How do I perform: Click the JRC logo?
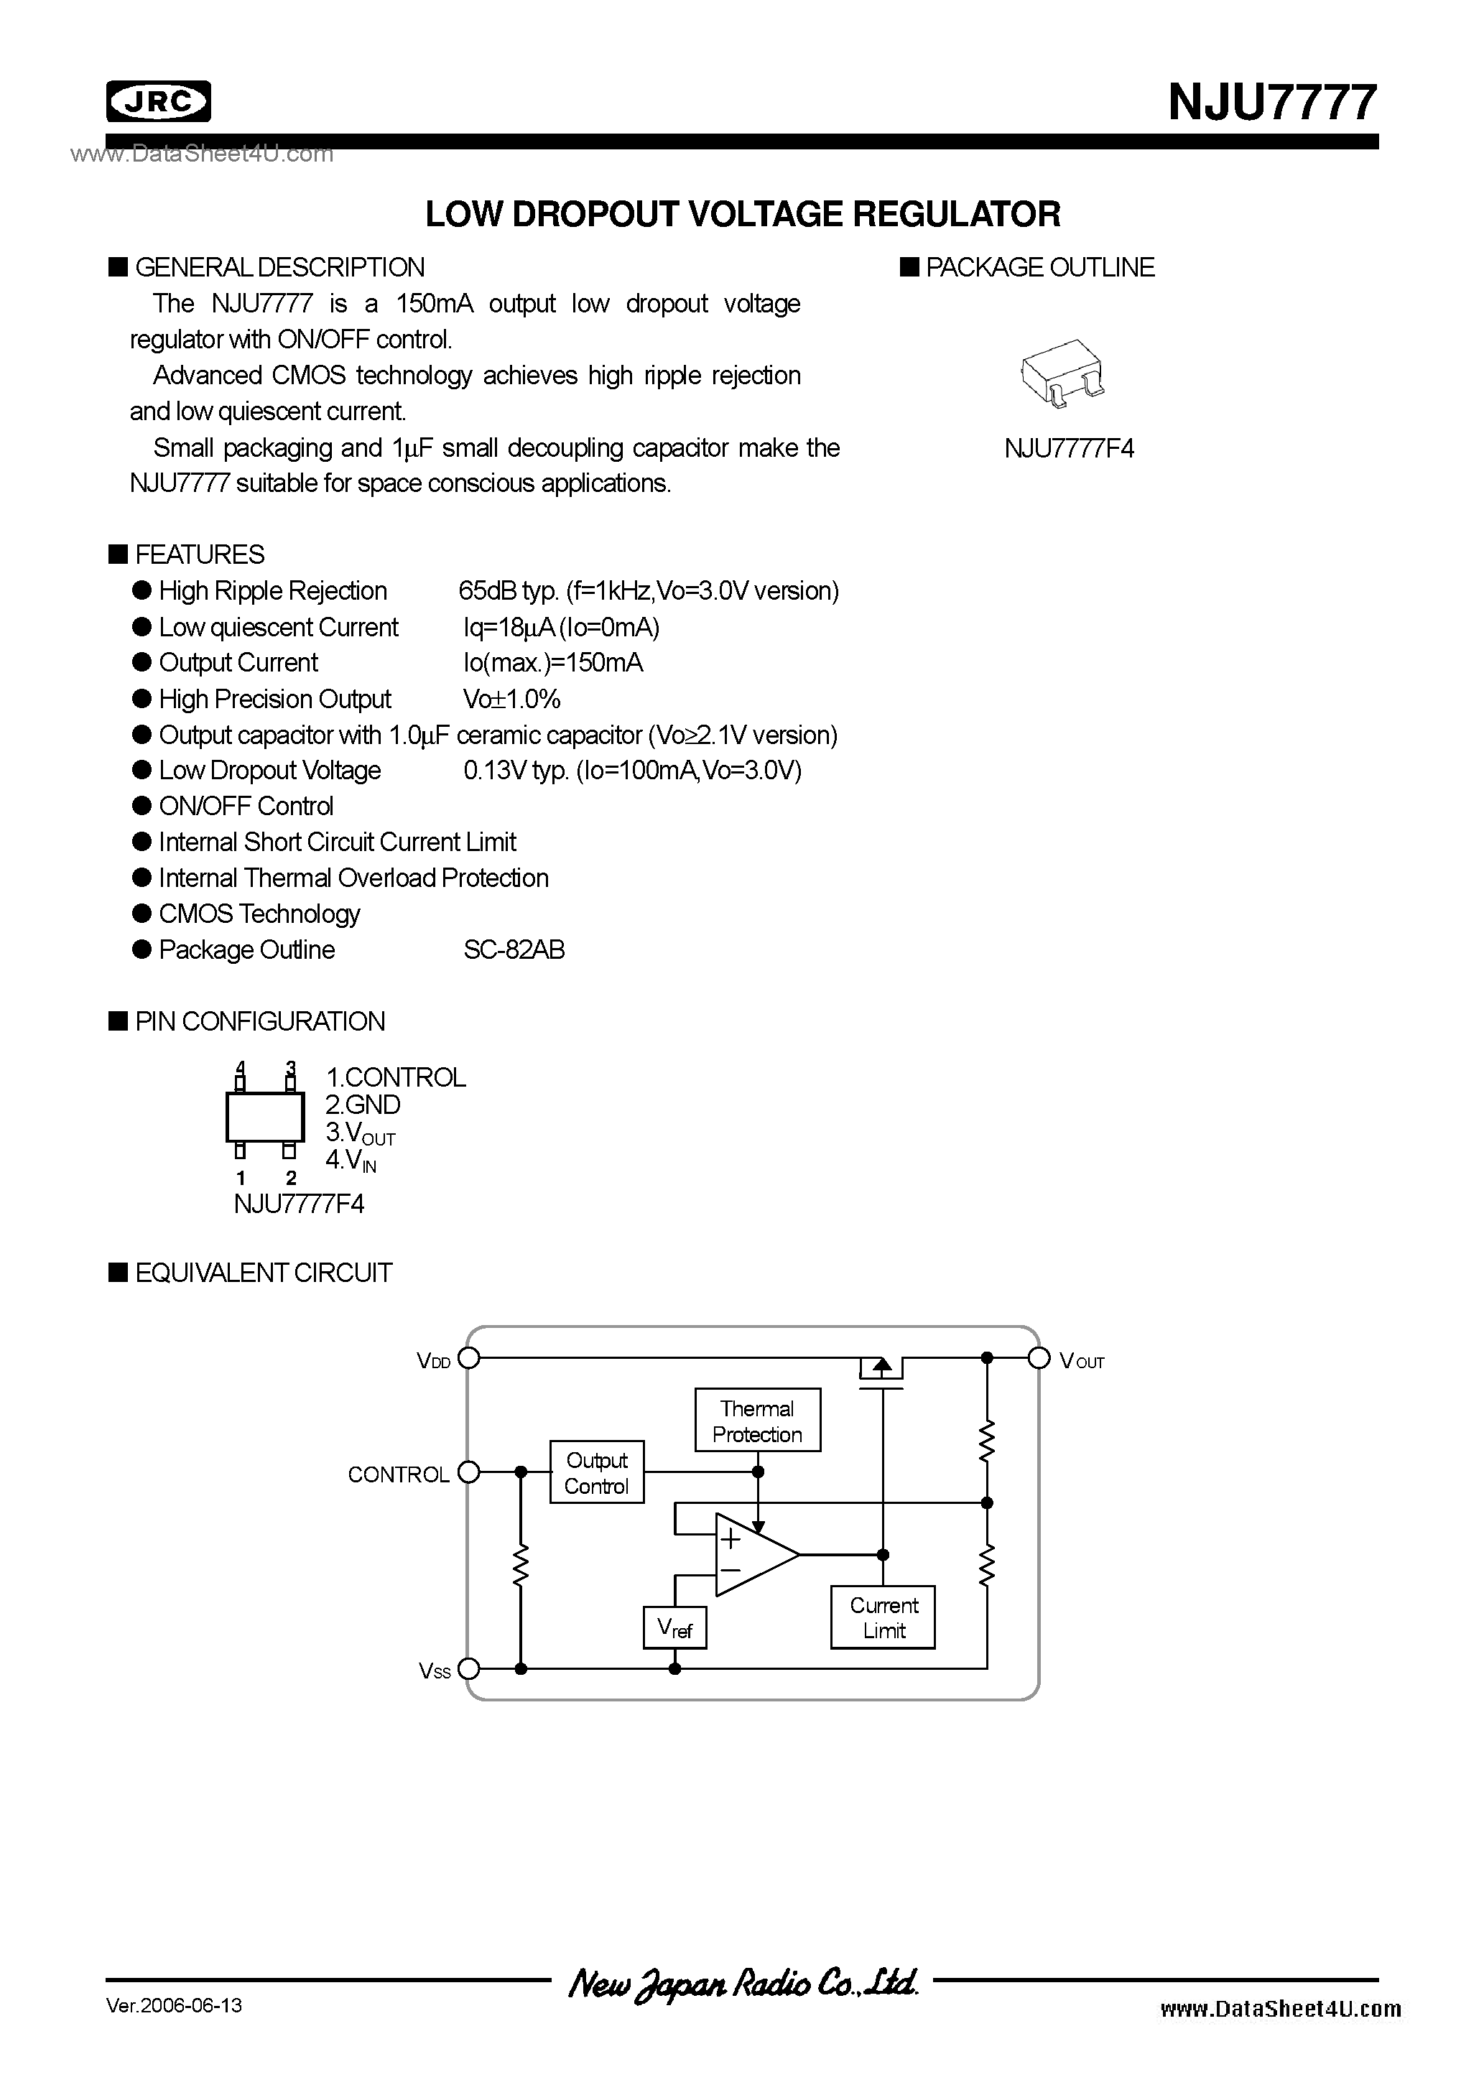[158, 101]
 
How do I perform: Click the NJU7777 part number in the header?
[1271, 103]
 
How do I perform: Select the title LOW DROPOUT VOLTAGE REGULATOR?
[743, 214]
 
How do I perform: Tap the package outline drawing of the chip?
[1062, 373]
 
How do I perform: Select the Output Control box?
[596, 1472]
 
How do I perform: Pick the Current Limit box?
[883, 1618]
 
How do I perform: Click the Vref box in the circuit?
[675, 1629]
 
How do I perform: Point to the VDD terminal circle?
[468, 1358]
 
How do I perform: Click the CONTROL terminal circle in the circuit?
[468, 1472]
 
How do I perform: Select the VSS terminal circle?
[468, 1669]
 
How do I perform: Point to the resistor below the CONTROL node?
[521, 1566]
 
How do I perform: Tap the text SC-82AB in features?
[514, 950]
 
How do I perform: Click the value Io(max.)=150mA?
[552, 663]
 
